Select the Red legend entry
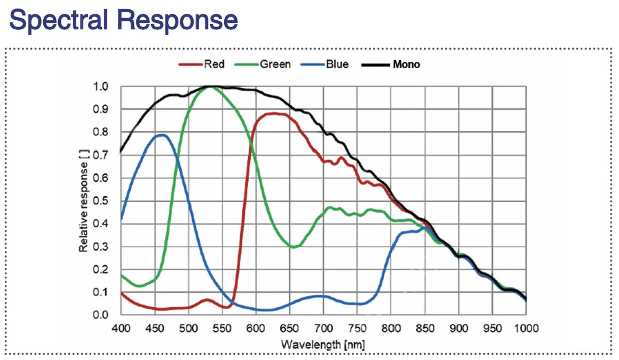213,65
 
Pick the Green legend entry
274,65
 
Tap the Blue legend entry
337,65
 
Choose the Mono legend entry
406,65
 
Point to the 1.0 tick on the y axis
101,86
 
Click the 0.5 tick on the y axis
101,201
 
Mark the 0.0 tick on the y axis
101,315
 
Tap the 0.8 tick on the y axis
101,132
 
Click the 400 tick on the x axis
121,327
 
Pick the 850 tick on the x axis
425,327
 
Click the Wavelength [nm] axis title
323,345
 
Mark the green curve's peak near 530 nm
210,87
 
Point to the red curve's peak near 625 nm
274,113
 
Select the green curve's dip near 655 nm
295,246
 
